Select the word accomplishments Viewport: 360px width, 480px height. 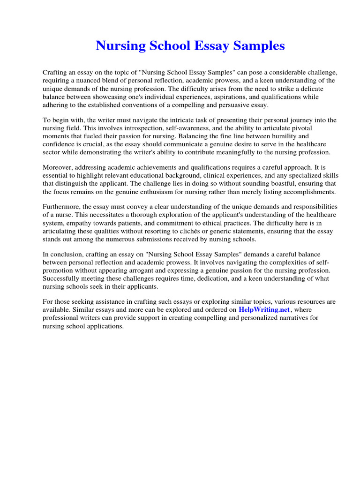(x=300, y=192)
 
